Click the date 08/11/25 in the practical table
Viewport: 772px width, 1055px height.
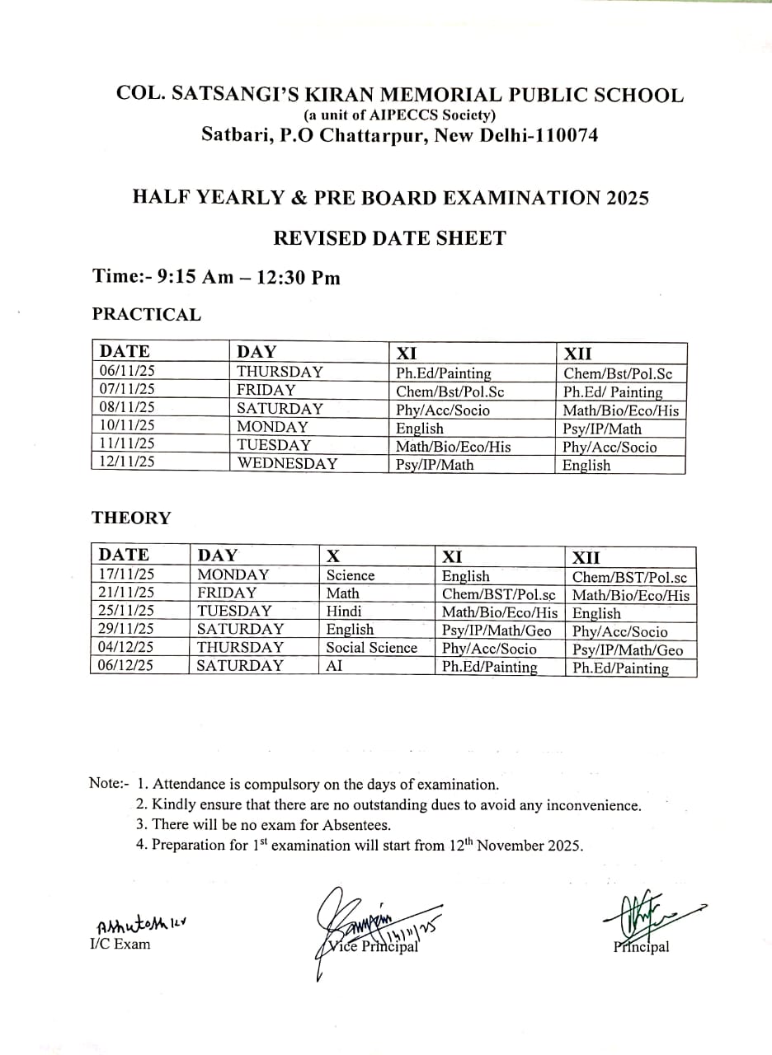127,407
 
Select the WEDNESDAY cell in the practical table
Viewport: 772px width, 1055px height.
287,463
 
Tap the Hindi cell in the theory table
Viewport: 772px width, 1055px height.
344,612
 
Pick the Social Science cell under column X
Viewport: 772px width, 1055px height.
371,648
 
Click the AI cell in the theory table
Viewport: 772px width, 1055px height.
334,666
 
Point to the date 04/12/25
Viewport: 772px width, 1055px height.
125,648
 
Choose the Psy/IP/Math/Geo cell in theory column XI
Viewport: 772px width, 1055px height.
497,631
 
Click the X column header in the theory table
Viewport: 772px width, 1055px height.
333,556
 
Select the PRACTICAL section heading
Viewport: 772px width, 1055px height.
146,314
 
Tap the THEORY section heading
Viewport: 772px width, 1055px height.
131,518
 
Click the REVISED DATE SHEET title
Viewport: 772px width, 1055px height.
389,238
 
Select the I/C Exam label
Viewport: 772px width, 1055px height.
120,944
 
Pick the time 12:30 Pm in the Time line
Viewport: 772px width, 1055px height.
299,277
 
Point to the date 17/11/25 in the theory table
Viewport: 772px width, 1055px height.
125,574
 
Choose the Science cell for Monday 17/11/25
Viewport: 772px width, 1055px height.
350,575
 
